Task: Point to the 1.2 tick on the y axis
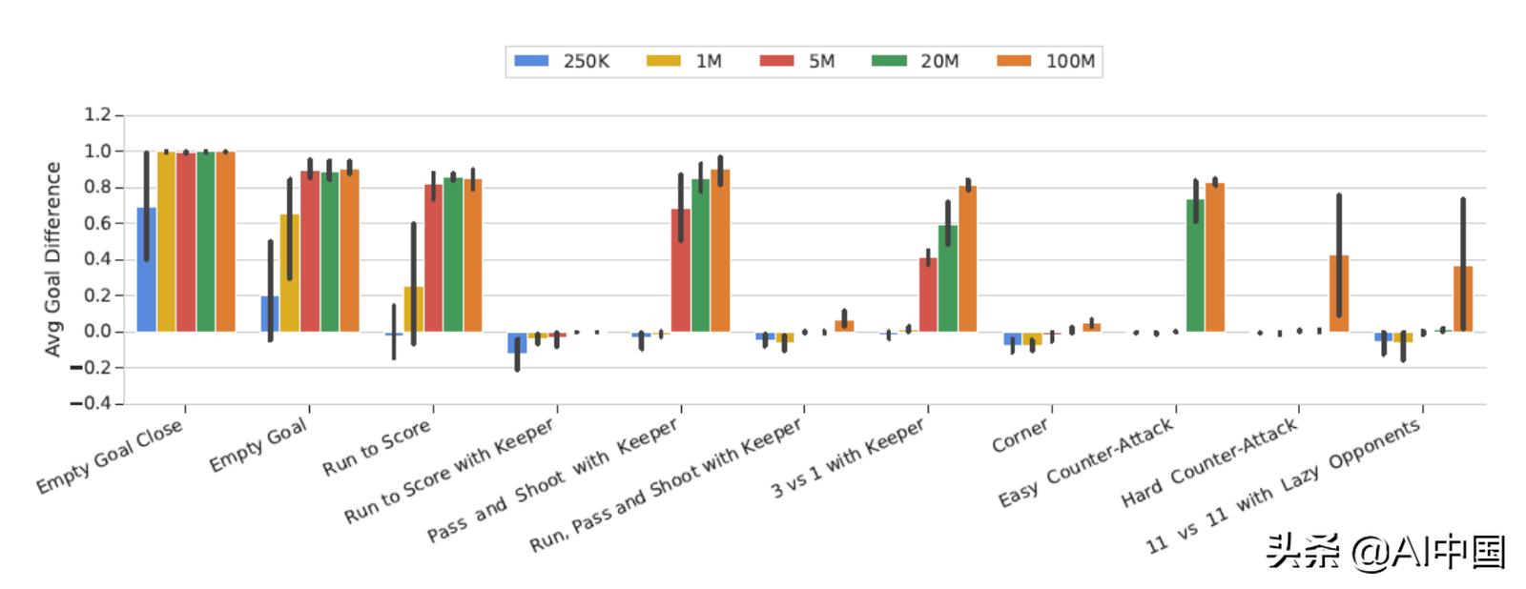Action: click(x=97, y=115)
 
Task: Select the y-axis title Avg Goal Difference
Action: click(x=52, y=259)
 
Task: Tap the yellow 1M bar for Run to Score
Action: click(x=414, y=310)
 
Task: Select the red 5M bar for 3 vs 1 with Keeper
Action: click(x=928, y=295)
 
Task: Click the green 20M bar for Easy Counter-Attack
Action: click(x=1195, y=267)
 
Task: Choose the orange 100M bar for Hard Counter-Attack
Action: click(x=1339, y=295)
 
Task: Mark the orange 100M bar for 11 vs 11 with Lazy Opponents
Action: click(x=1463, y=300)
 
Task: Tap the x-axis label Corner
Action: click(x=1020, y=436)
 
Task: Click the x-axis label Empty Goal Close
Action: click(x=109, y=457)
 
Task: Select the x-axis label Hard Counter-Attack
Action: click(x=1208, y=463)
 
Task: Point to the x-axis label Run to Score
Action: click(x=376, y=448)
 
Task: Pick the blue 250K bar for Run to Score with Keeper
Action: click(x=517, y=343)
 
